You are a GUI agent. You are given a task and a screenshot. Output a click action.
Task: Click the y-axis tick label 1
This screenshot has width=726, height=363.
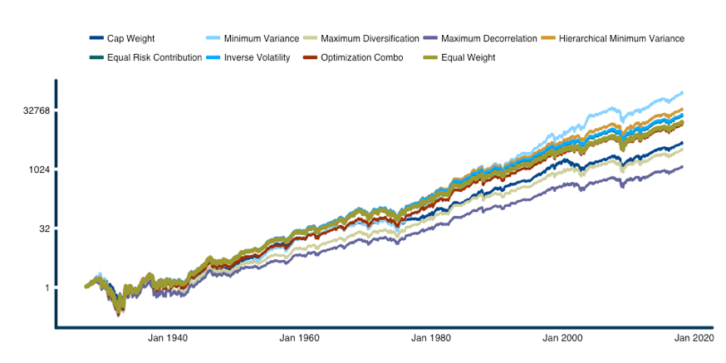pos(46,287)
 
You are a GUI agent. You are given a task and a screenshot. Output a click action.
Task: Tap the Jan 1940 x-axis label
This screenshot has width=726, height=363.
pos(167,338)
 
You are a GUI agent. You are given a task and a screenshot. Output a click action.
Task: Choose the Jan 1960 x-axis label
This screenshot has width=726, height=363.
pos(299,338)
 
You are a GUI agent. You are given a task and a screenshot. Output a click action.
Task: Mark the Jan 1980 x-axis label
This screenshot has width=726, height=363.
pos(431,338)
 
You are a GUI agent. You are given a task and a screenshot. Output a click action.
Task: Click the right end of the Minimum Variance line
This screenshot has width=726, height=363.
pos(683,92)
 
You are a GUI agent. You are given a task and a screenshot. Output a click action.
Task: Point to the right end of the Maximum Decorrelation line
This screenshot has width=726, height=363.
pos(683,167)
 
